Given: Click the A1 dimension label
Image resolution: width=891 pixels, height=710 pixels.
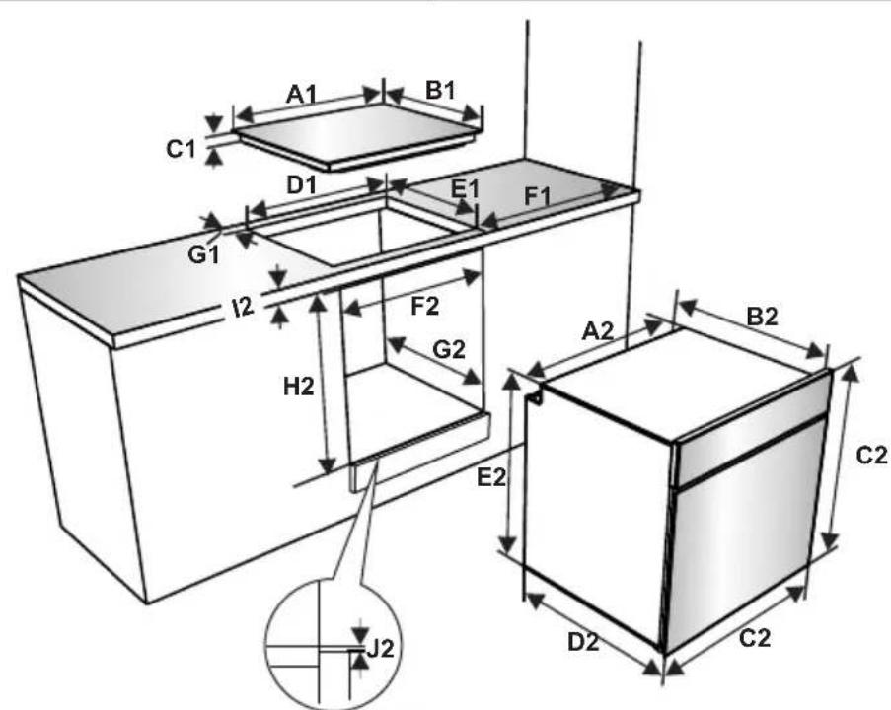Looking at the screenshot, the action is (x=301, y=94).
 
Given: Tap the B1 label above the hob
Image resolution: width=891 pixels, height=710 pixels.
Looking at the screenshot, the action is (x=440, y=91).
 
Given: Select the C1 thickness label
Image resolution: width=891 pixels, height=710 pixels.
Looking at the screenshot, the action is (x=181, y=149).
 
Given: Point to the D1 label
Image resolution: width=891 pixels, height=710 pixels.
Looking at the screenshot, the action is (x=302, y=185).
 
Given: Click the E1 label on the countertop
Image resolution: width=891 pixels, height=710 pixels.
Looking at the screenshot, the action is (x=465, y=189).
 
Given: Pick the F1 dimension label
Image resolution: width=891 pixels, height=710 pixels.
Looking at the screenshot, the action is (x=537, y=196).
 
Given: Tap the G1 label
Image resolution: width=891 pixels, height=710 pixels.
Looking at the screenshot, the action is (x=203, y=255).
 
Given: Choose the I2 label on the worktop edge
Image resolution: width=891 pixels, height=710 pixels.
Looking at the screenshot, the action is (x=243, y=308).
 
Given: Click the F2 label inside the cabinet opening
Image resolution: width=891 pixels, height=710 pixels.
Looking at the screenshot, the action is (x=425, y=307).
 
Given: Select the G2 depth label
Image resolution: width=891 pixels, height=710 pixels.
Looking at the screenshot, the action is (x=449, y=350).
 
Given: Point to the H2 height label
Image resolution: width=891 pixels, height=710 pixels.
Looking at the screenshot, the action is (x=299, y=387).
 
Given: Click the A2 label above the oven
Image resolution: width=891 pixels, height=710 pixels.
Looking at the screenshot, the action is (x=598, y=330).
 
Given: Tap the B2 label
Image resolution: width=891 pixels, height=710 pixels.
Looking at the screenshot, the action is (x=762, y=317).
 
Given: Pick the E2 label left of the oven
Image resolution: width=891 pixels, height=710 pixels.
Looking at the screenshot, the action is (x=491, y=477).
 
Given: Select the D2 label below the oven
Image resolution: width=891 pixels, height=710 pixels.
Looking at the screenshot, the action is (x=583, y=642).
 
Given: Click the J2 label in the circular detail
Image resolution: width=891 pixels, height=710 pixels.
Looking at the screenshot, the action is (x=380, y=648).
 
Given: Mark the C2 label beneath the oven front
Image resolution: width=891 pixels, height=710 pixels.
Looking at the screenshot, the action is (x=755, y=638).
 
